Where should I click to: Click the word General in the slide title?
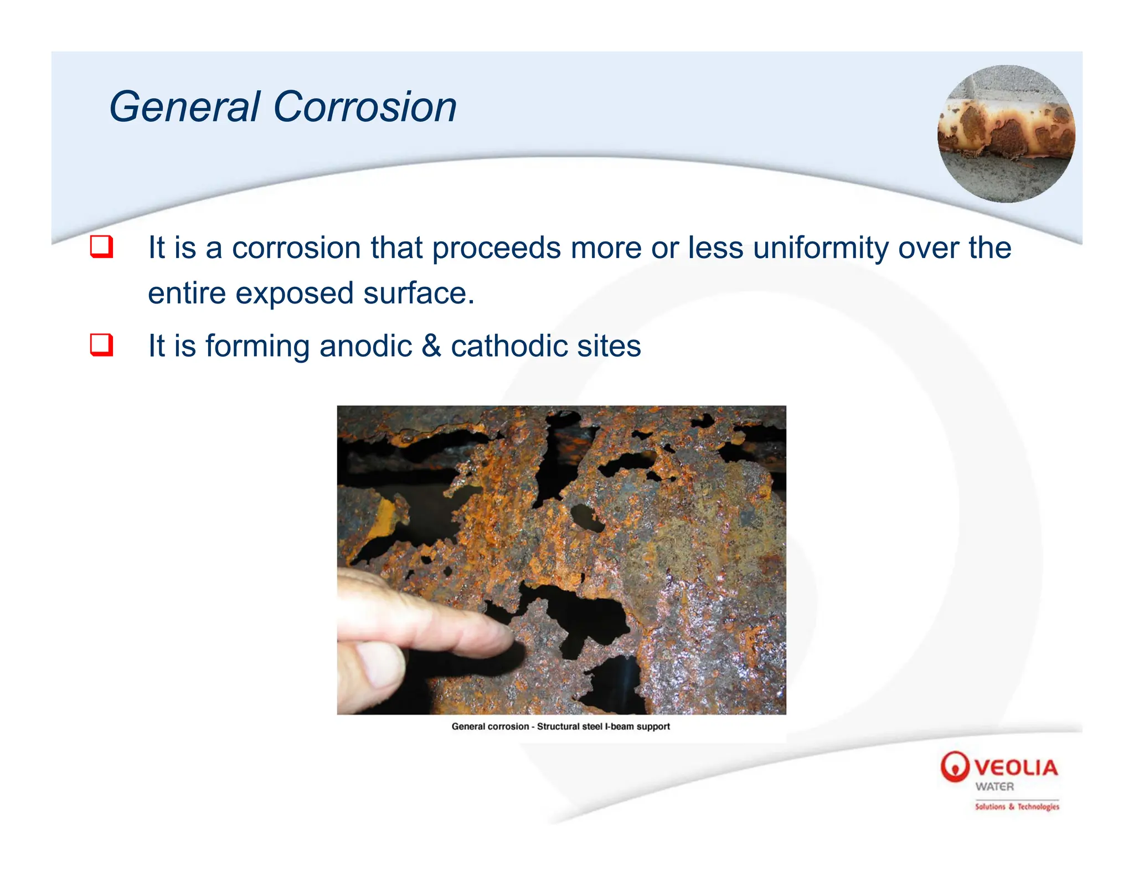pyautogui.click(x=185, y=107)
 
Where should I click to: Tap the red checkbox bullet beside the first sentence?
pyautogui.click(x=101, y=247)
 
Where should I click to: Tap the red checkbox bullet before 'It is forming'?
pyautogui.click(x=101, y=345)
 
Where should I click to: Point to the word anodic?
pyautogui.click(x=365, y=346)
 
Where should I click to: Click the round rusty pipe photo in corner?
pyautogui.click(x=1006, y=133)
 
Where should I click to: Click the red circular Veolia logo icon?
pyautogui.click(x=955, y=767)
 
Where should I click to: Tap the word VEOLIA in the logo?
pyautogui.click(x=1016, y=768)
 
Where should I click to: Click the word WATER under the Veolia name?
pyautogui.click(x=994, y=787)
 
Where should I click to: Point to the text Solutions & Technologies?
pyautogui.click(x=1017, y=807)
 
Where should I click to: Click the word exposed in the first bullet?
pyautogui.click(x=294, y=293)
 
